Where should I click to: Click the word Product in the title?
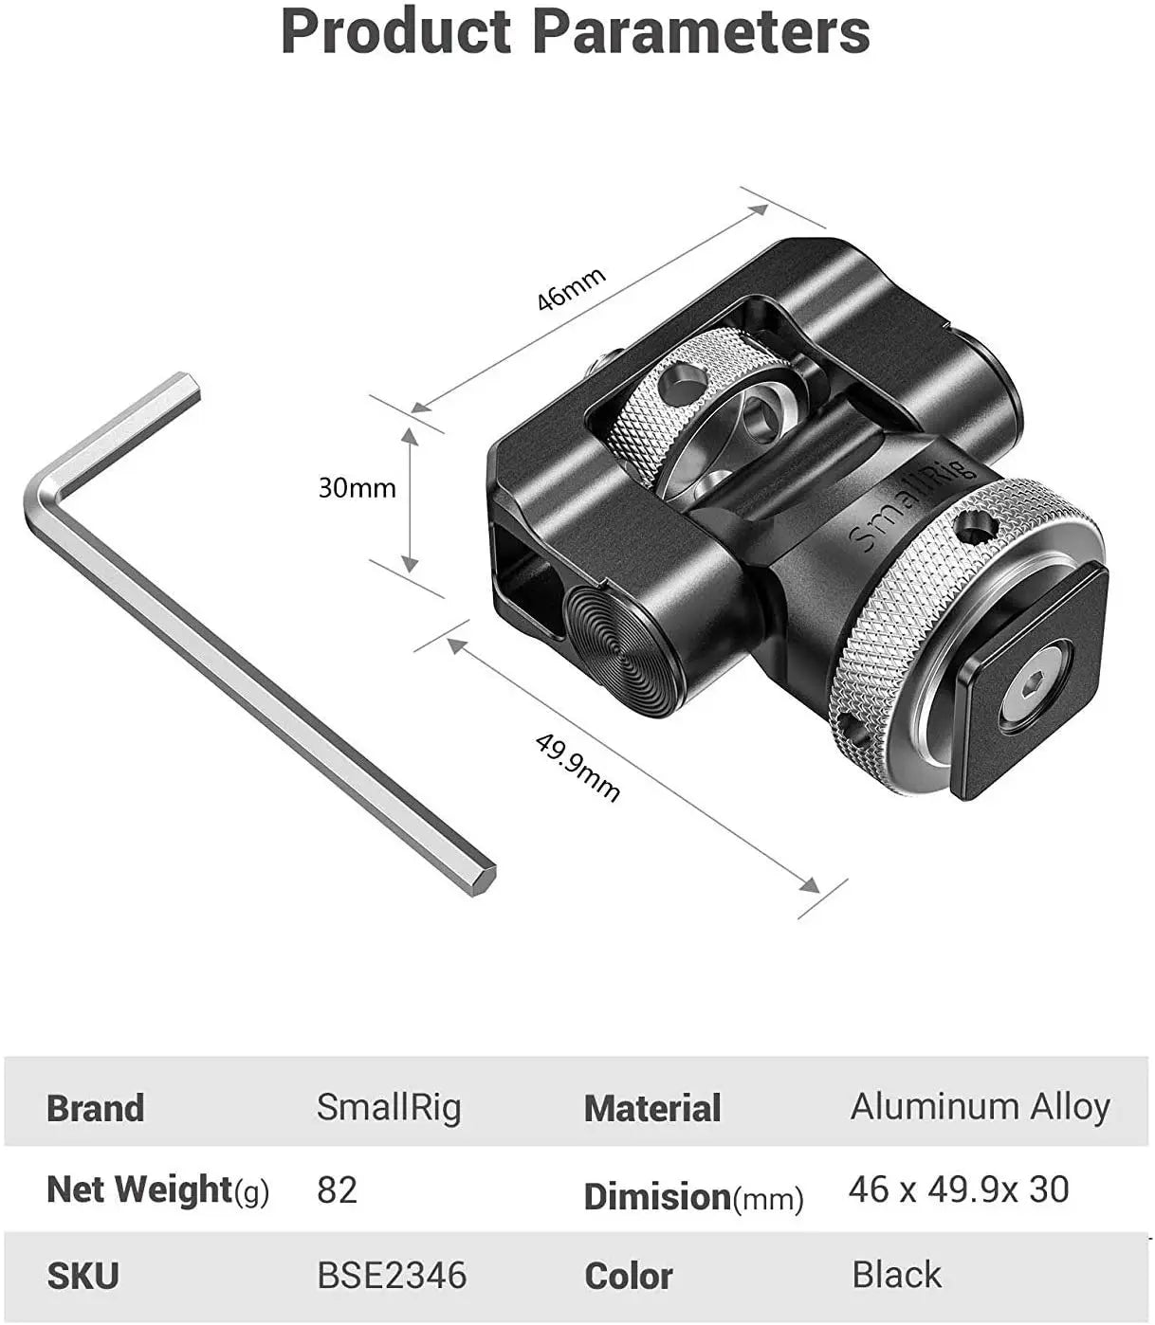396,32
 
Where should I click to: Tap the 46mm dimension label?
570,289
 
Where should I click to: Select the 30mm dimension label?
357,489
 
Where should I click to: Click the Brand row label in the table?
95,1108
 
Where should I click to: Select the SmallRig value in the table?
389,1107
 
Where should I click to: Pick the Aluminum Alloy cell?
980,1107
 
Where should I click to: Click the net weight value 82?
338,1189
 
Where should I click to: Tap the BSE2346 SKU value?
392,1276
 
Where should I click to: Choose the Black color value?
896,1275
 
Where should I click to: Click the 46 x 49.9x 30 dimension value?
959,1189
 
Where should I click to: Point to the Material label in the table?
652,1108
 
